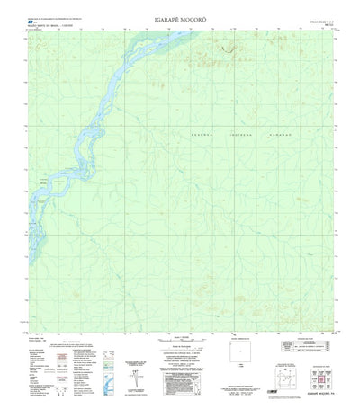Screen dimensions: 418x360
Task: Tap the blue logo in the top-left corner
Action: pyautogui.click(x=32, y=22)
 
